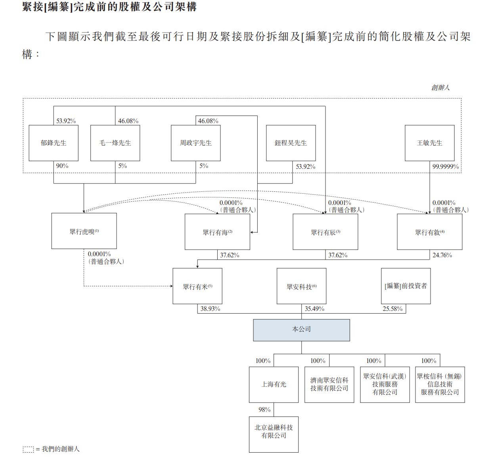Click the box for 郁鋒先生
54,143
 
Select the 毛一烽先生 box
115,143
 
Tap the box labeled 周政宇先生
195,143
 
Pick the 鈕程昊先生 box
291,143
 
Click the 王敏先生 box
429,143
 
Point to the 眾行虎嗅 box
84,231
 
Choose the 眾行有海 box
217,232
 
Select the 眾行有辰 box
325,232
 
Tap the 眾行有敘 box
429,232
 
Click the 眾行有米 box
197,286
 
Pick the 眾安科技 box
301,286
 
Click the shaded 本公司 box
301,330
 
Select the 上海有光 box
274,384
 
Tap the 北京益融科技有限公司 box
274,434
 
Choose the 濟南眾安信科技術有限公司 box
329,384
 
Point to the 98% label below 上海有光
264,410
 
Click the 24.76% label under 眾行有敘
442,255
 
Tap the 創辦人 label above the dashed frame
440,87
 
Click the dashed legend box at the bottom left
28,449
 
